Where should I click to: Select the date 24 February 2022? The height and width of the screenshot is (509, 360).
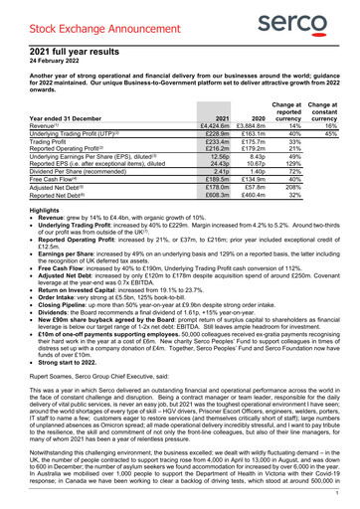click(x=58, y=58)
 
